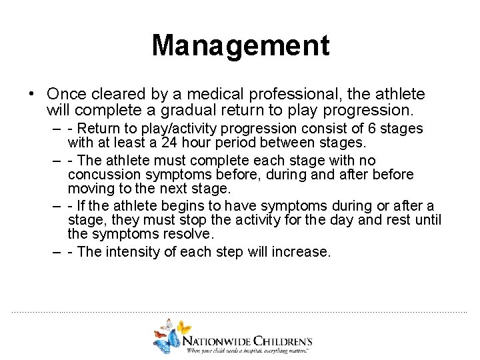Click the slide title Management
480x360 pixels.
coord(240,46)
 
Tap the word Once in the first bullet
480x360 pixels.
coord(65,95)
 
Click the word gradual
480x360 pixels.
coord(186,109)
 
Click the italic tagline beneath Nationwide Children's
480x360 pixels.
coord(249,350)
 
